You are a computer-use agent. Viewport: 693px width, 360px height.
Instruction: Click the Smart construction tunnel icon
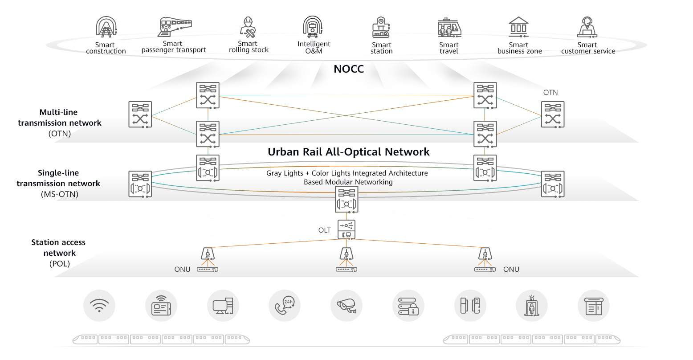106,27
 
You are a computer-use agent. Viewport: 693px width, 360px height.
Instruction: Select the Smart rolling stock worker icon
248,27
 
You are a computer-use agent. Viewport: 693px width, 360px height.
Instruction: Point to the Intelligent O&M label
314,47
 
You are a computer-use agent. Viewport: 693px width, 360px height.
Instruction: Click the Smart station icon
381,27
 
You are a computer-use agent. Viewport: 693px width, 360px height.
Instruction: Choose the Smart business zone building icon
519,27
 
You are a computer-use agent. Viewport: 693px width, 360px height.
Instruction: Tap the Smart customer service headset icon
587,27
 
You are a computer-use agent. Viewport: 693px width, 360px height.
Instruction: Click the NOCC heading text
349,69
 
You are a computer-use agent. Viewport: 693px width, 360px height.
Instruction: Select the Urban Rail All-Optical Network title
348,152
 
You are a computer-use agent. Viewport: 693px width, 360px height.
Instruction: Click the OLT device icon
346,229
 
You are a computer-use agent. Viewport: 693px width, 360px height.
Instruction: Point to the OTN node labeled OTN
553,115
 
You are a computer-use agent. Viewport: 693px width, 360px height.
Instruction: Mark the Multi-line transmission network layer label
60,123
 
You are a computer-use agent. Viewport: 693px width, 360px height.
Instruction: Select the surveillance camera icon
346,306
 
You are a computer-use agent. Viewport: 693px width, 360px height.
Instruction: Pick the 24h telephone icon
285,306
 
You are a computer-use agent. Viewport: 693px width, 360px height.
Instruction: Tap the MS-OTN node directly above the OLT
346,200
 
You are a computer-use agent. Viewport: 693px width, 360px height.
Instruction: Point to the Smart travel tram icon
449,27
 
